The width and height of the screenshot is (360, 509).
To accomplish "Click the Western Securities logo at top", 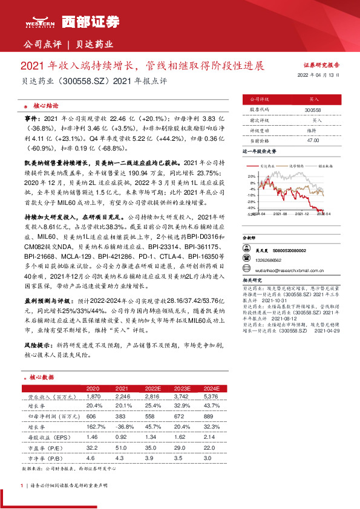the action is click(x=70, y=21).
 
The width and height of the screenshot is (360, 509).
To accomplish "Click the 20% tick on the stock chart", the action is click(x=252, y=176).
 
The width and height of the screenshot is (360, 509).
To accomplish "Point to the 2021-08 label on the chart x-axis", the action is click(x=280, y=213).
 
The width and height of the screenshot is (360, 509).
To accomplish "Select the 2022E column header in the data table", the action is click(x=152, y=388).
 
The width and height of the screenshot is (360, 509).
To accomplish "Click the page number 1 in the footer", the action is click(x=22, y=485).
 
